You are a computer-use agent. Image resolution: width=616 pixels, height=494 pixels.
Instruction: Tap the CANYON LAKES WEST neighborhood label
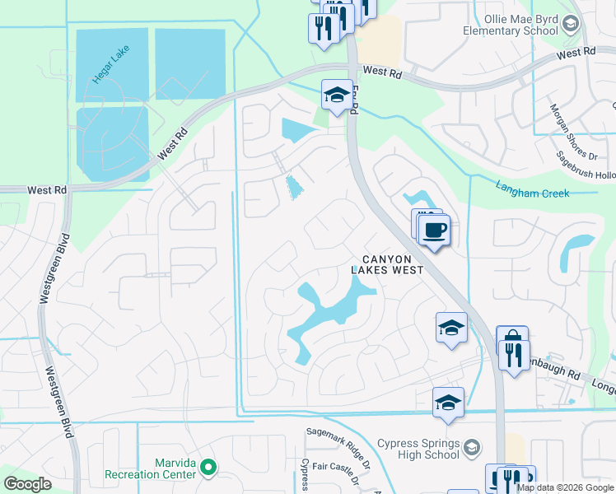387,264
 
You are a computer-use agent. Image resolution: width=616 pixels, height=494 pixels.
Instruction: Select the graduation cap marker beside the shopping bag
451,328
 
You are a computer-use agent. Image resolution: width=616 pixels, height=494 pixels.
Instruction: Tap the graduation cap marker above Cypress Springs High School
448,403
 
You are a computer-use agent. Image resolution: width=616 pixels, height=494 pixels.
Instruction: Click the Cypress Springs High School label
418,449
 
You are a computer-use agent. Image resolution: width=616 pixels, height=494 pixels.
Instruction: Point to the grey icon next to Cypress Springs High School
472,448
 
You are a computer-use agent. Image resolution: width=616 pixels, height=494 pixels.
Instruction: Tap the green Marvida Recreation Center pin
208,468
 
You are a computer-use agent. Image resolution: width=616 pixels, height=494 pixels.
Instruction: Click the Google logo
27,484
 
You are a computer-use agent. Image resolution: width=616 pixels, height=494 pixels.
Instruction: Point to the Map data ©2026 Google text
565,487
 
